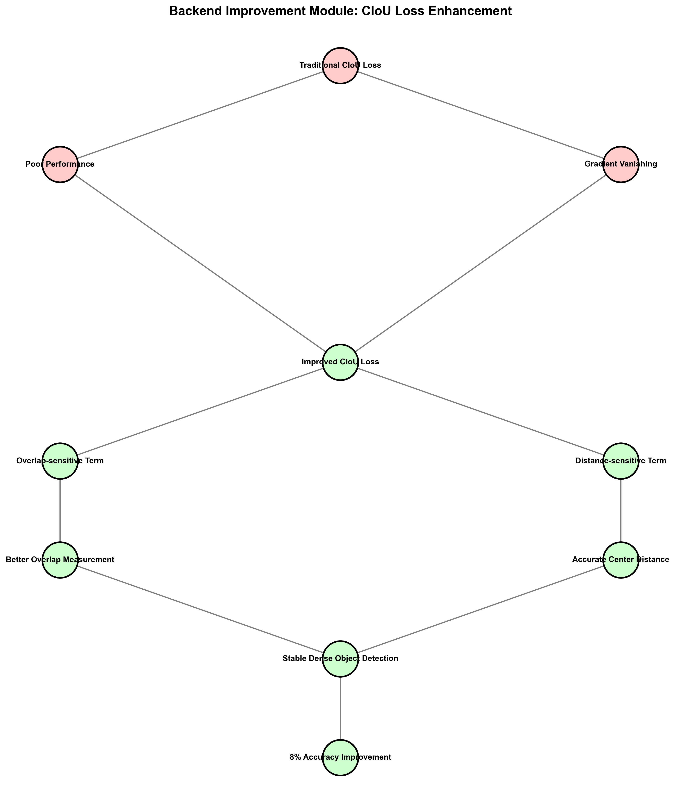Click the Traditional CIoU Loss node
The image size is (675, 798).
pos(340,65)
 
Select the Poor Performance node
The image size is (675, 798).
pos(60,165)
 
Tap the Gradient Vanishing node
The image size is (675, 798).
pos(621,165)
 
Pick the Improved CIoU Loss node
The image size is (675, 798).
pos(340,362)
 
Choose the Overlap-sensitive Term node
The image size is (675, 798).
pos(60,461)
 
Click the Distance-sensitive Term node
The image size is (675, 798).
pos(621,461)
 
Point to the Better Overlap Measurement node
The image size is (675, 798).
pos(60,560)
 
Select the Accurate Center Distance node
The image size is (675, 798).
pos(621,560)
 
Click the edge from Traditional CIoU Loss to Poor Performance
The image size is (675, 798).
pos(200,115)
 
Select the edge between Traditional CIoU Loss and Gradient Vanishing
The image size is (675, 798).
pos(481,115)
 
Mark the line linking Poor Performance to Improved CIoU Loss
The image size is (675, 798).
pos(200,263)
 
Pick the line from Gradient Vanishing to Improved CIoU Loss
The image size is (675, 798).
pos(481,263)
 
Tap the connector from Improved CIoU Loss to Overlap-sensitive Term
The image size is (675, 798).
pos(200,412)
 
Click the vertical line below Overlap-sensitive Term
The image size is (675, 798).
pos(60,511)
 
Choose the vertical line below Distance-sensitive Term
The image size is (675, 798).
pos(621,511)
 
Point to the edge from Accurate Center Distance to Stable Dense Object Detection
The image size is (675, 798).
pos(481,609)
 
